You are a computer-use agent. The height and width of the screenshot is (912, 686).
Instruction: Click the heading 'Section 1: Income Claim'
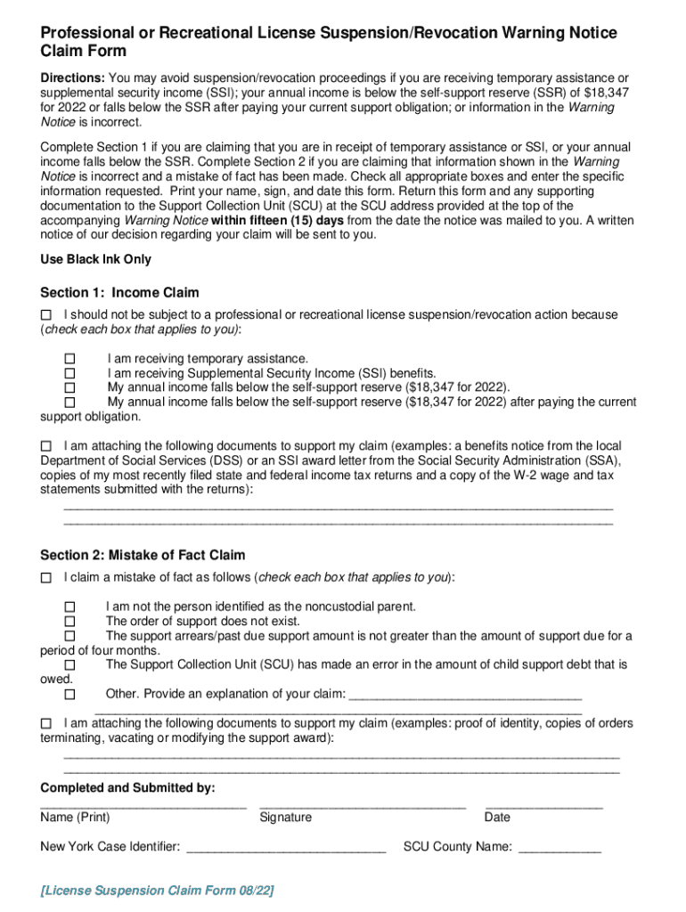[119, 293]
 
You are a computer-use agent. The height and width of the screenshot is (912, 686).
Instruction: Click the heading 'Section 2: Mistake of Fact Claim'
[143, 555]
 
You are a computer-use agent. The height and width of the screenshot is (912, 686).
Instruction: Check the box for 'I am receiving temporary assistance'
[69, 359]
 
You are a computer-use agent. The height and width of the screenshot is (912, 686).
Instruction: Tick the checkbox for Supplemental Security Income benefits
[69, 373]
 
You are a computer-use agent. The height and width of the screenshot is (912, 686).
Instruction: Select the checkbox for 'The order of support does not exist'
[69, 622]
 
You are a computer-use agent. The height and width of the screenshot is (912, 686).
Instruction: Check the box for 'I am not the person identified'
[69, 607]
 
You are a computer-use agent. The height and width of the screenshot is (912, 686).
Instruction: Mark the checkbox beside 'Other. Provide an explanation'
[69, 694]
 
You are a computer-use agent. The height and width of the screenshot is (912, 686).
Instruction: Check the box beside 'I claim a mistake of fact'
[46, 578]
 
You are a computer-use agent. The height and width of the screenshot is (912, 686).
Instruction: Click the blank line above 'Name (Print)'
[143, 806]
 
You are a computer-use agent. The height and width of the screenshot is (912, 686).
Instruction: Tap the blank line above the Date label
[543, 806]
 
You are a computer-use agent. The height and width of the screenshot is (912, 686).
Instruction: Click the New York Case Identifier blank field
[285, 850]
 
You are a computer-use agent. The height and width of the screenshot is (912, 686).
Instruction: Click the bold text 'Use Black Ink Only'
[96, 259]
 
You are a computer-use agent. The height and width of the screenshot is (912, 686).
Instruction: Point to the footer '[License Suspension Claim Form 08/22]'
[157, 891]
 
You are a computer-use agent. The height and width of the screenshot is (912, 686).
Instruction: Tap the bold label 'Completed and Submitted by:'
[127, 788]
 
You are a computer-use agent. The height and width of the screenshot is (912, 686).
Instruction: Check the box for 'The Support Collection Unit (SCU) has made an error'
[69, 665]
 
